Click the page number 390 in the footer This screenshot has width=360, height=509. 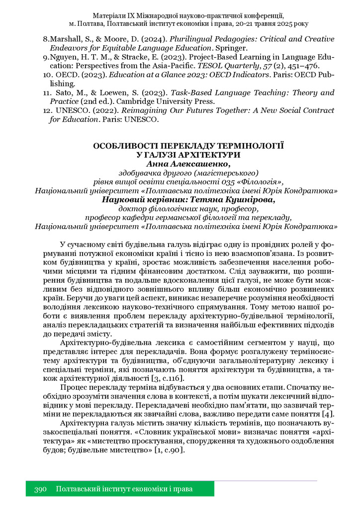point(40,489)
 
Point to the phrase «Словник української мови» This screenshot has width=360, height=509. point(174,432)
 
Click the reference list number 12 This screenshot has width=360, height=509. point(46,111)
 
